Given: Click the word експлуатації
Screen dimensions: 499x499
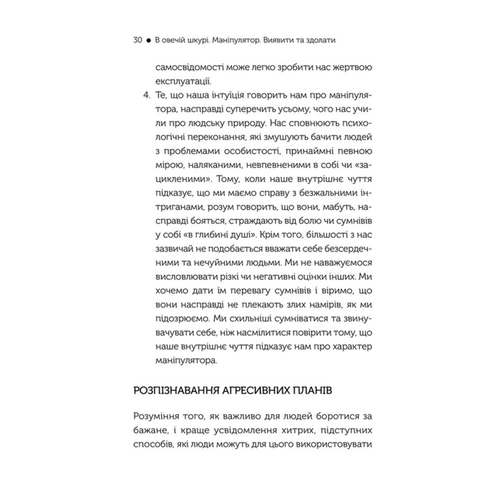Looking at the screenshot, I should point(181,80).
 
